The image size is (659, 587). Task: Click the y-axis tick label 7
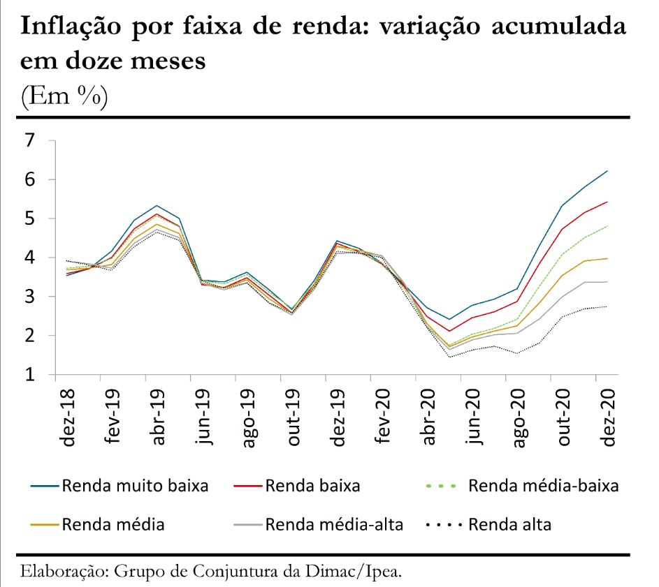click(x=29, y=141)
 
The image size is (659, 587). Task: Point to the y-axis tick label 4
click(x=29, y=258)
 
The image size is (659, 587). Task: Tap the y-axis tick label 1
click(x=29, y=375)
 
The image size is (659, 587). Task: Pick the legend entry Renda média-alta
click(x=333, y=524)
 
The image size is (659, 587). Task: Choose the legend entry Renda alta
click(x=509, y=524)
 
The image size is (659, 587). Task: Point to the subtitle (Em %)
click(x=64, y=96)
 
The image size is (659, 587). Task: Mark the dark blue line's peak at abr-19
click(x=157, y=205)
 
